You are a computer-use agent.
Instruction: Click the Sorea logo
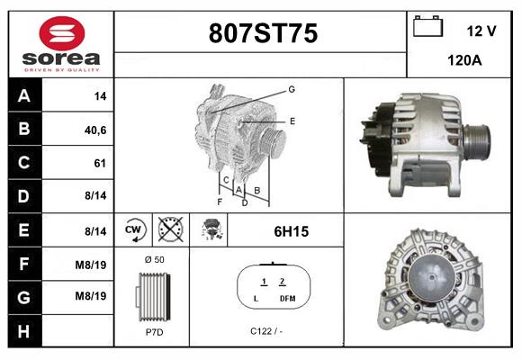tap(60, 44)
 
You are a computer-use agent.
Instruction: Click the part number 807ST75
tap(263, 34)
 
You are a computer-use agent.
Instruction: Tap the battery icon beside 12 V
tap(428, 28)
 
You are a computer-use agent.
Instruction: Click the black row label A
tap(23, 96)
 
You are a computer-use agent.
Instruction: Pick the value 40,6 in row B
tap(95, 130)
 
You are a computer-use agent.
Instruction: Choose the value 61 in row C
tap(99, 164)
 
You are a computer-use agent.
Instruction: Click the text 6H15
tap(291, 231)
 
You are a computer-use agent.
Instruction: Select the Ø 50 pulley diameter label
tap(153, 259)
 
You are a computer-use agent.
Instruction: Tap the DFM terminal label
tap(287, 298)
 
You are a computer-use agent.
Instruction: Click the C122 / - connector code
tap(267, 331)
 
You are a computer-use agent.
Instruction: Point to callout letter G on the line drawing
tap(292, 89)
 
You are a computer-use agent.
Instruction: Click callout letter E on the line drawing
tap(292, 120)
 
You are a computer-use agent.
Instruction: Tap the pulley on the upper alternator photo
tap(476, 139)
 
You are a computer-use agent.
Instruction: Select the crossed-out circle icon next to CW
tap(168, 231)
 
